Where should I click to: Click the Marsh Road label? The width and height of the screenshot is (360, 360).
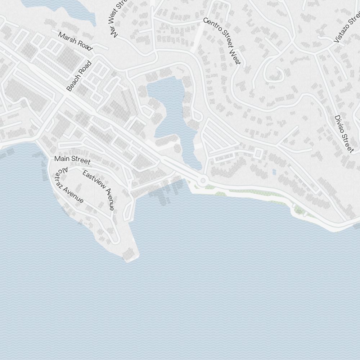75,41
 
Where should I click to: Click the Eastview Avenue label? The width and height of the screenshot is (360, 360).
99,190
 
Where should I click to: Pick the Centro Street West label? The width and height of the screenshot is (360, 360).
222,41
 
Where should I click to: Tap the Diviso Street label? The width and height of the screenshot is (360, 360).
344,134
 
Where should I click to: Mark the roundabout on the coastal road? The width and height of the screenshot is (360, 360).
203,180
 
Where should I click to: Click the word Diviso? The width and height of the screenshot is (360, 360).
339,124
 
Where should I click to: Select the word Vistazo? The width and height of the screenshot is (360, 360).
343,32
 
